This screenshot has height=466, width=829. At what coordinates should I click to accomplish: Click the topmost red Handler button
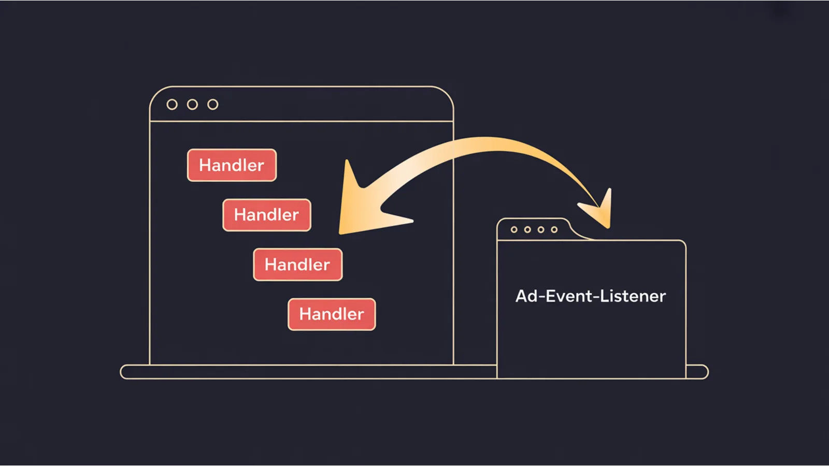(x=232, y=165)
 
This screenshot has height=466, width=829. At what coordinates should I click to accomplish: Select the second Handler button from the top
(x=267, y=215)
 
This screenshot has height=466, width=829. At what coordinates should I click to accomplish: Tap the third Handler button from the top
(x=298, y=265)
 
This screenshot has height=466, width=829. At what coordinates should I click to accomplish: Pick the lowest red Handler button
(x=332, y=314)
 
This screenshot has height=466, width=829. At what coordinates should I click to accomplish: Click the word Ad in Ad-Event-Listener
(x=527, y=296)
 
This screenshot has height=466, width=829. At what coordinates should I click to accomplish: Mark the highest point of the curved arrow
(x=487, y=143)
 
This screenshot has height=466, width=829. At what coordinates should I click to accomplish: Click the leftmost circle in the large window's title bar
(x=172, y=105)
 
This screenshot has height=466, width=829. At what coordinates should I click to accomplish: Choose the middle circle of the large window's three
(x=192, y=105)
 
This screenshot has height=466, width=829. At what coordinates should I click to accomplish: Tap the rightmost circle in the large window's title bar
(x=213, y=105)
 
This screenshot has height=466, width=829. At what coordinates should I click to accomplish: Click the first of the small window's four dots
(x=514, y=229)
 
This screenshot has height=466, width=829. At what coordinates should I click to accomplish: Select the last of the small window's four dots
(x=554, y=229)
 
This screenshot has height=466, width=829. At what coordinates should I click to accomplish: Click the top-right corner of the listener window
(x=683, y=242)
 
